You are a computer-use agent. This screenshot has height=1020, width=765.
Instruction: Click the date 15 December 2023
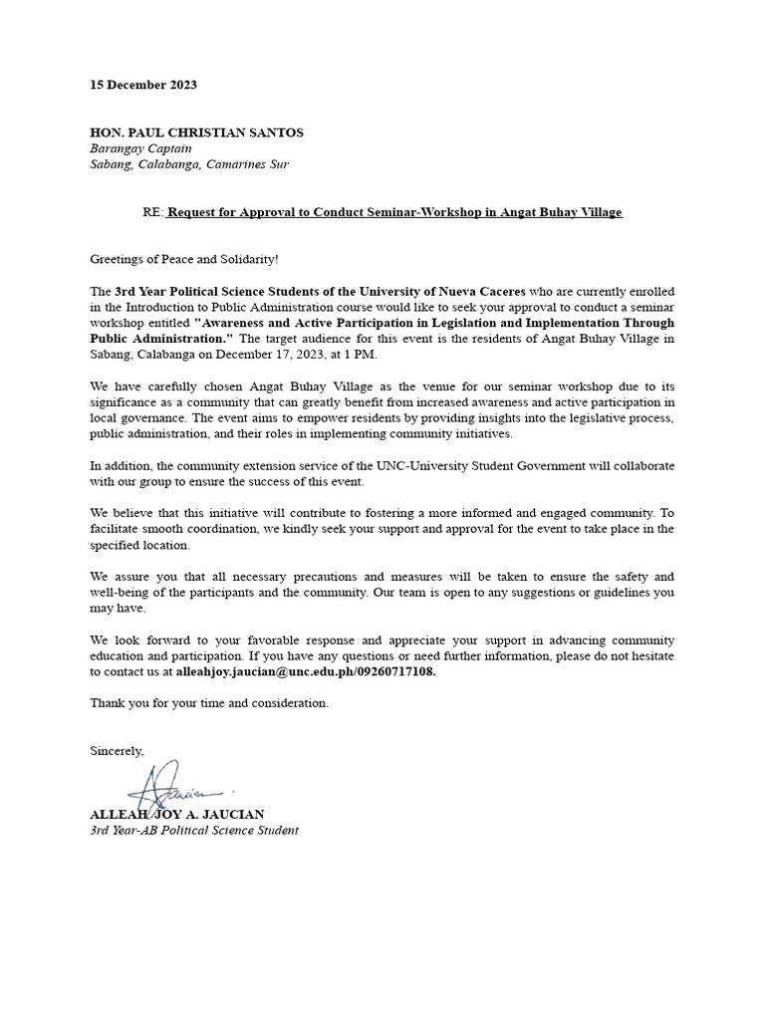point(143,85)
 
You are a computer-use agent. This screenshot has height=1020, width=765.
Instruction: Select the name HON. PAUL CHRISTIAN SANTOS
point(196,132)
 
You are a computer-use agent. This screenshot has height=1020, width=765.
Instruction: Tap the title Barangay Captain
point(140,148)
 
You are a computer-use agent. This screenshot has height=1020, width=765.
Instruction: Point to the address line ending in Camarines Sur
point(189,164)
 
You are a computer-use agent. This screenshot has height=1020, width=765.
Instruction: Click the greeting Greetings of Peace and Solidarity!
point(185,259)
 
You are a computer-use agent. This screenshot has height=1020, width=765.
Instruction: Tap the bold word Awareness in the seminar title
point(239,323)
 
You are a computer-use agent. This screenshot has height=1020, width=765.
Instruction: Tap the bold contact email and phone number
point(306,672)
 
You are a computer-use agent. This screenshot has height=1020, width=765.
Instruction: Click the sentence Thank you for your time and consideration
point(208,703)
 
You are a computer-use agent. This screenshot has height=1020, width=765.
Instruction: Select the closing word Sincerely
point(117,750)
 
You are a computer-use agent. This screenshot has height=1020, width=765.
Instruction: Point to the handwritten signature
point(174,786)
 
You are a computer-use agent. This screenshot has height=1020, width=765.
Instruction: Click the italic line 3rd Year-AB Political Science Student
point(193,830)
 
